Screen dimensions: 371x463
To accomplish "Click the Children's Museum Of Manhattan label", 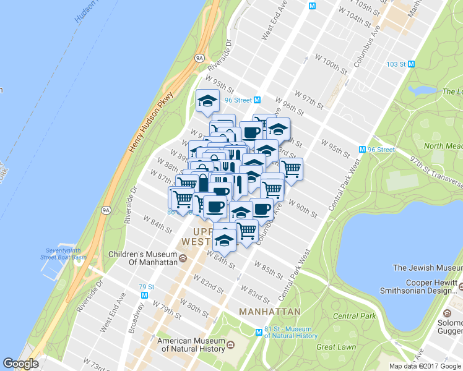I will point(142,258).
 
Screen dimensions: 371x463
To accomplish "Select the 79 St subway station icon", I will point(144,295).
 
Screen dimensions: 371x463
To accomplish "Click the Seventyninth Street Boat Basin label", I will point(64,253).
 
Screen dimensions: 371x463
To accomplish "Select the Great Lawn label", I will point(336,347).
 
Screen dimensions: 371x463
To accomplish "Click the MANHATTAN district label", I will point(269,311).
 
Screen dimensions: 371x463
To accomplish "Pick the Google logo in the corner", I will point(21,364).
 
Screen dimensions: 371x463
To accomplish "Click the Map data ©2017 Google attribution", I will point(425,366).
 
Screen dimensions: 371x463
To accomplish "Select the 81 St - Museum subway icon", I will point(259,332).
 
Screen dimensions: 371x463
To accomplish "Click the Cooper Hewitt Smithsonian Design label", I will point(427,292).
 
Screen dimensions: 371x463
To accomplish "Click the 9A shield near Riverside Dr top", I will point(199,58).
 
